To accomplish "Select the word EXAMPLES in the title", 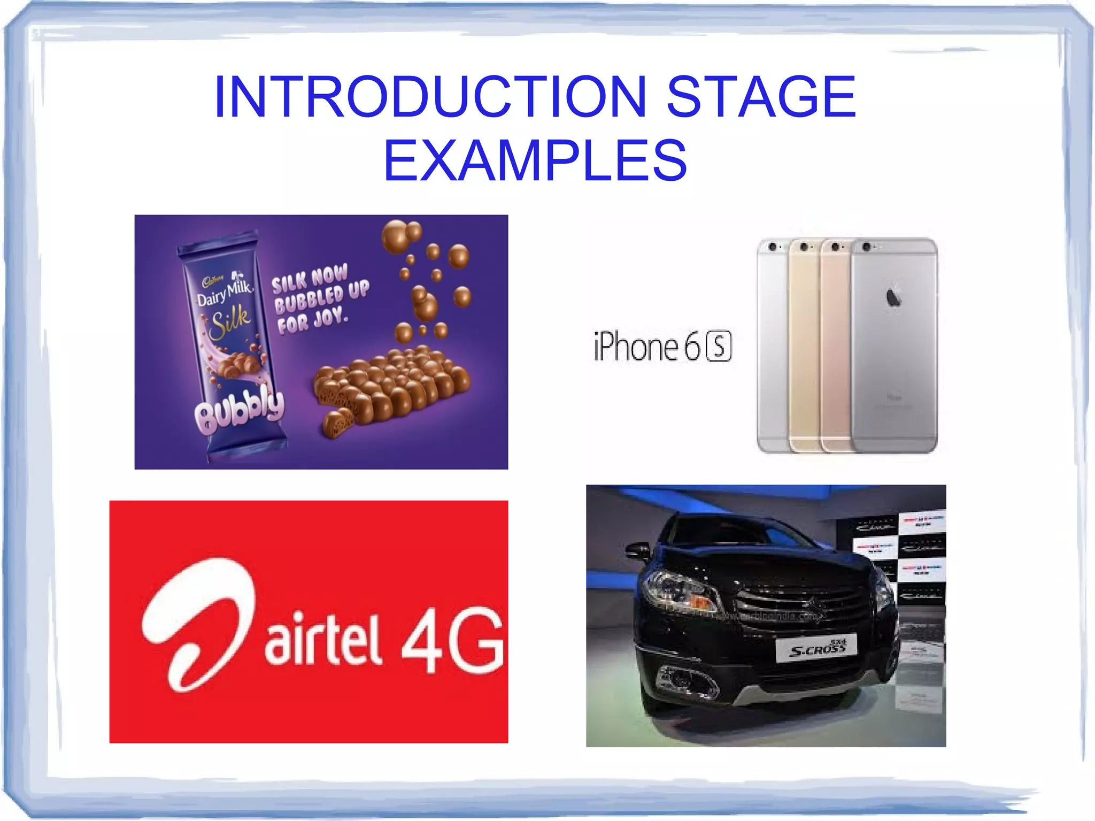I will pyautogui.click(x=535, y=160).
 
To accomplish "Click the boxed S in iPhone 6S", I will pyautogui.click(x=719, y=347).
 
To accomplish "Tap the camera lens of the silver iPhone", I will pyautogui.click(x=772, y=247).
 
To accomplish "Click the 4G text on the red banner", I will pyautogui.click(x=452, y=639).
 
